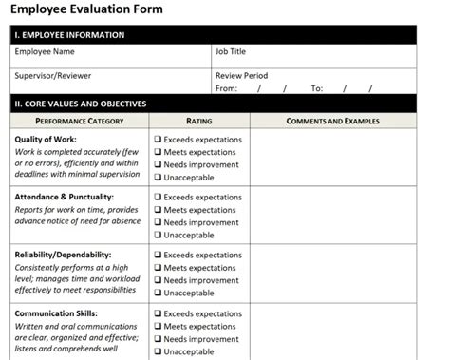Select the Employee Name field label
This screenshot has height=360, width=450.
(x=44, y=52)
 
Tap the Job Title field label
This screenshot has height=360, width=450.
(x=231, y=52)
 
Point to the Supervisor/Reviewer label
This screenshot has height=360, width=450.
(x=52, y=76)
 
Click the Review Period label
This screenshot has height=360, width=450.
(x=242, y=76)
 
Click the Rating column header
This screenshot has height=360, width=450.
(x=199, y=122)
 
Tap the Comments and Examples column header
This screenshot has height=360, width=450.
(x=332, y=122)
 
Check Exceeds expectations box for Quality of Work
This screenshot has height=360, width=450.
(x=159, y=140)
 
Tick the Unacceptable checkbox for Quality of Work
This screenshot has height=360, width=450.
(x=159, y=177)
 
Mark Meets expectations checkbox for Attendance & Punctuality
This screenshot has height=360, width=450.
(x=159, y=210)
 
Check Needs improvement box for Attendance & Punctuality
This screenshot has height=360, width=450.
(x=159, y=222)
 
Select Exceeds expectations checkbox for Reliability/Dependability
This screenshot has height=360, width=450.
(x=159, y=256)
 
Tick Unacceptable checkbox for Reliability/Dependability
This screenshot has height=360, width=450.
(x=159, y=293)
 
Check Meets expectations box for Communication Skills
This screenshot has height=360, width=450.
(x=159, y=326)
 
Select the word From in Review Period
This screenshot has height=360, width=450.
(x=226, y=88)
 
